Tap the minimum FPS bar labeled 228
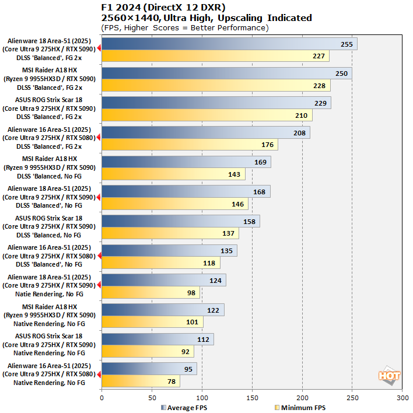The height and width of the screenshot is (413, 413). (216, 86)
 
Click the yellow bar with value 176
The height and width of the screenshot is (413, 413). (190, 145)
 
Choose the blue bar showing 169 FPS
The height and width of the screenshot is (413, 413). (186, 162)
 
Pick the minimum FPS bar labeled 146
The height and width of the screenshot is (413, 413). (175, 204)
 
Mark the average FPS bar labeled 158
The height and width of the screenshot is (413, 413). (181, 222)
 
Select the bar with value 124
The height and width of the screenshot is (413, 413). (163, 281)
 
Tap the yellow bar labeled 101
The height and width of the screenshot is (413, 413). (152, 323)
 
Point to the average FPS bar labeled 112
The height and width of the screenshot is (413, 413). (157, 339)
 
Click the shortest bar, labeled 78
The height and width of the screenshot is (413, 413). (141, 381)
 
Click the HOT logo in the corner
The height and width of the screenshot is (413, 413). (390, 377)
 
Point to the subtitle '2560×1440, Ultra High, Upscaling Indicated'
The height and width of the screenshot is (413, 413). (206, 18)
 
